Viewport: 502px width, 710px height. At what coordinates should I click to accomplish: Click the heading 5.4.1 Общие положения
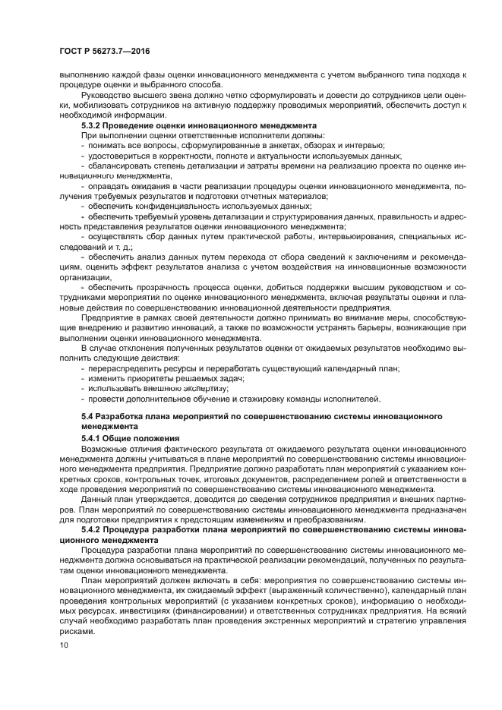point(130,438)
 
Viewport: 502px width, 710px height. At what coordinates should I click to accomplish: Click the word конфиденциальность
point(166,206)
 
